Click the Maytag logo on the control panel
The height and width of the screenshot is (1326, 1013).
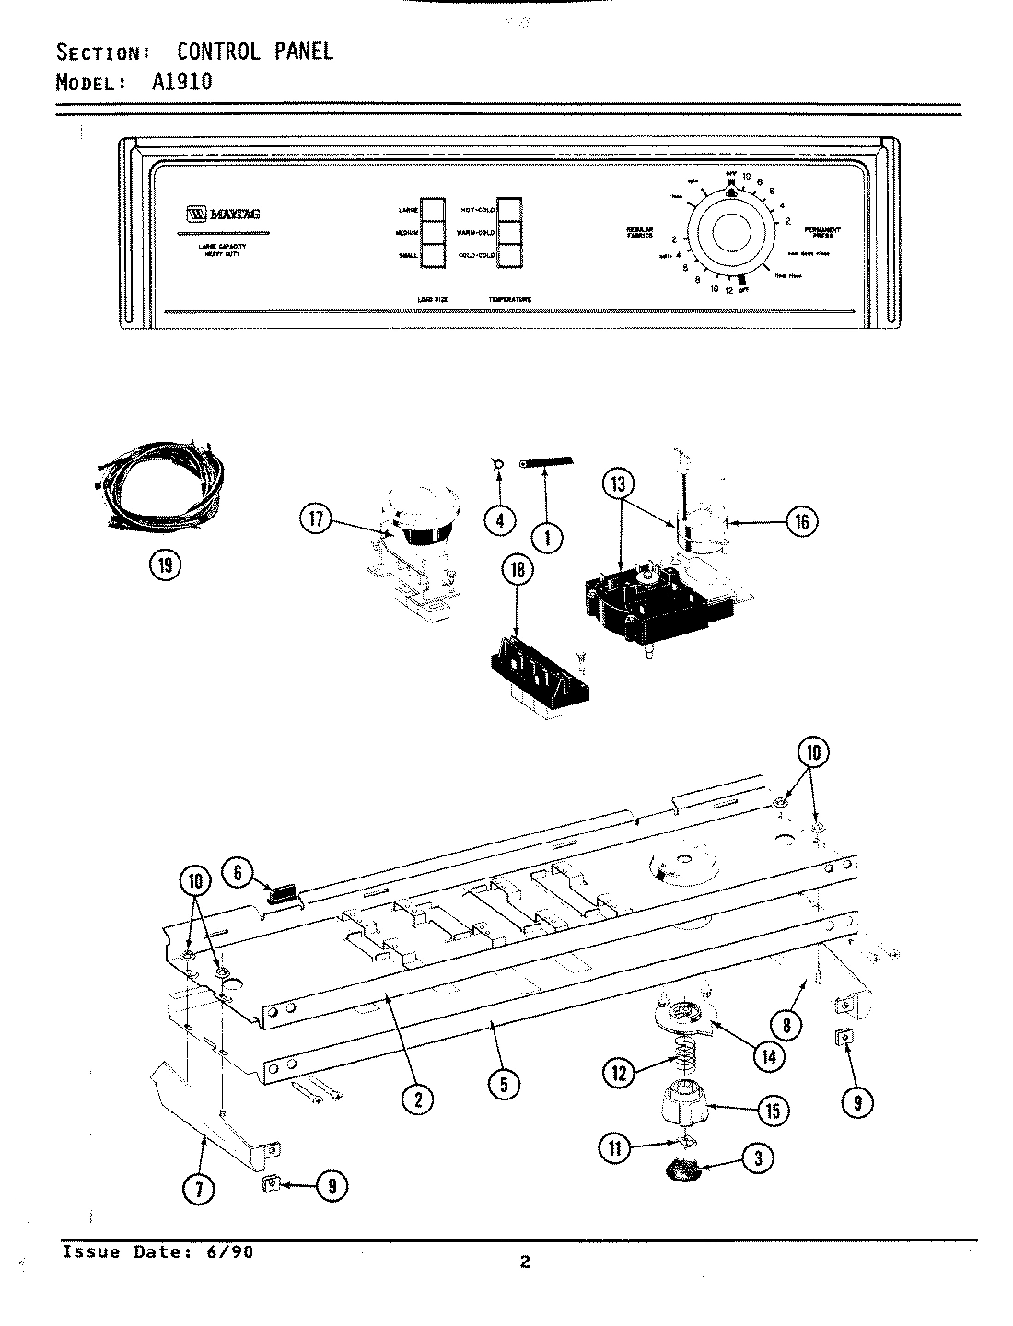tap(223, 214)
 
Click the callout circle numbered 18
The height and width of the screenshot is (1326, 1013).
tap(518, 570)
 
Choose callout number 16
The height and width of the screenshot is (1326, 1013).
tap(801, 522)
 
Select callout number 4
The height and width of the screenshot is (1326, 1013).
tap(500, 520)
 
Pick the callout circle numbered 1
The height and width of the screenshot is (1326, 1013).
tap(548, 537)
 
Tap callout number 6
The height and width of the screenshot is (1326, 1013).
tap(238, 872)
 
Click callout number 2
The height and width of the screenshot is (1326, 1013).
tap(419, 1099)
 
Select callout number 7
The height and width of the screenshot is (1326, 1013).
tap(200, 1189)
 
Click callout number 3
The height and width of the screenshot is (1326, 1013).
tap(758, 1159)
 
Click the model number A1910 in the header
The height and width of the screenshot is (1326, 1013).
tap(181, 81)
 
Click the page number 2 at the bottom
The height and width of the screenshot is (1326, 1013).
tap(524, 1262)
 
